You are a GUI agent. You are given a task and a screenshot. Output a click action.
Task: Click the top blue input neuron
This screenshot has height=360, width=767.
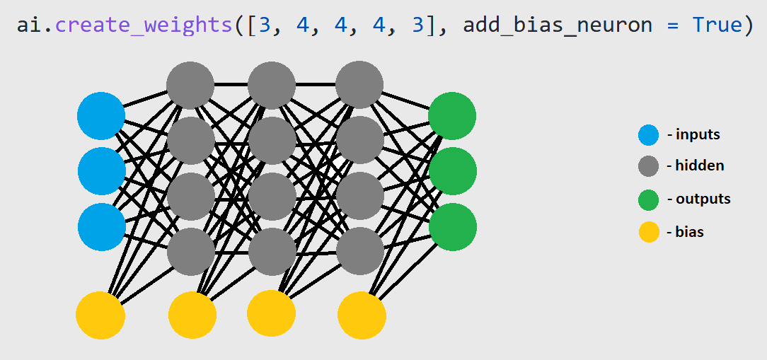tap(101, 116)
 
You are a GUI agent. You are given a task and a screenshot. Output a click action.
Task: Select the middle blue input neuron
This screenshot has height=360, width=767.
tap(102, 171)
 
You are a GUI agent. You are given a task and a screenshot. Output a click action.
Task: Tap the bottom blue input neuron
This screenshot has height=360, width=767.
tap(102, 227)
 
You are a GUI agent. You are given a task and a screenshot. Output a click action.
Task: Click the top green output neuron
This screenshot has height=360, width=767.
tap(452, 116)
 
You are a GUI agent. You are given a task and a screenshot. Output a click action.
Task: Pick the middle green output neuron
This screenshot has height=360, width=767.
tap(453, 171)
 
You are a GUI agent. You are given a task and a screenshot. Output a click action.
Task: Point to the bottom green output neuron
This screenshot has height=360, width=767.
tap(453, 227)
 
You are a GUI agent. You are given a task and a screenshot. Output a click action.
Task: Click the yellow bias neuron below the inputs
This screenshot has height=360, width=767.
tap(100, 315)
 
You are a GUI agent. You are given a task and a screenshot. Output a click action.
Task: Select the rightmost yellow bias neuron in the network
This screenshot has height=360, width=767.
tap(362, 315)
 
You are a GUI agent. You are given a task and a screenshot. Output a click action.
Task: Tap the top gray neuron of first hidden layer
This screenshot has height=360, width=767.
tap(190, 85)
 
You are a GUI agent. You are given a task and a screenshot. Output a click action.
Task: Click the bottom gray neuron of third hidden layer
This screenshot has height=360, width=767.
tap(360, 251)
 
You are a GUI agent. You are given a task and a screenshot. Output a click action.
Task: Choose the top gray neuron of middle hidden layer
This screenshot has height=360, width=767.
tap(272, 85)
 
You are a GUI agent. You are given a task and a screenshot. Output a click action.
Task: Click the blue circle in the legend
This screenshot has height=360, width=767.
tap(649, 135)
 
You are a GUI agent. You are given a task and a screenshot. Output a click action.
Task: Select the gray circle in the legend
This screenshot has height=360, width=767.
tap(649, 166)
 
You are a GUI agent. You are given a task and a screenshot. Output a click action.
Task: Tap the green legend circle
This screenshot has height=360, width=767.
tap(649, 199)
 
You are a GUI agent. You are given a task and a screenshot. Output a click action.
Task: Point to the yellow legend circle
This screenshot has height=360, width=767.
tap(649, 232)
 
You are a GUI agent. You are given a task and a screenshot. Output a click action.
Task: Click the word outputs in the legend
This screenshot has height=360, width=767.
tap(703, 199)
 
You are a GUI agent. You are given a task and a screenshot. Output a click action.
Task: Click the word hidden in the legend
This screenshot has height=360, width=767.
tap(700, 166)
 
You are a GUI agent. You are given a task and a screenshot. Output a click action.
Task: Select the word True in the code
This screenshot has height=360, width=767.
tap(717, 25)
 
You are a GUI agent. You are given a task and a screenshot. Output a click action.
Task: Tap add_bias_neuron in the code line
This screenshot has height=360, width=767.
tap(558, 25)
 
